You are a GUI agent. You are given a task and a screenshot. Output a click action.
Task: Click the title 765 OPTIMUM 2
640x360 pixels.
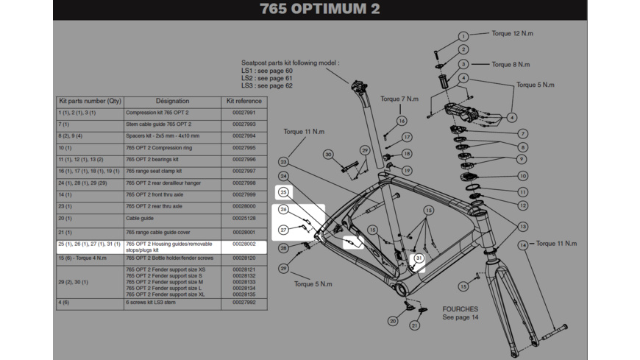(x=320, y=10)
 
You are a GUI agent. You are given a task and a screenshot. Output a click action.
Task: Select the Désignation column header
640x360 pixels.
(x=172, y=101)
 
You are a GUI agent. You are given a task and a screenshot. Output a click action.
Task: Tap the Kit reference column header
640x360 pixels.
(x=243, y=101)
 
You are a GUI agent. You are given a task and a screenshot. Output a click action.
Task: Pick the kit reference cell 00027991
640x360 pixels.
(x=243, y=113)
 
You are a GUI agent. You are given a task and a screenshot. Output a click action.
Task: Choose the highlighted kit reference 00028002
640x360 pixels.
(x=243, y=244)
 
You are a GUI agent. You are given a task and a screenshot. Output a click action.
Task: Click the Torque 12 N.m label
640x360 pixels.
(x=512, y=34)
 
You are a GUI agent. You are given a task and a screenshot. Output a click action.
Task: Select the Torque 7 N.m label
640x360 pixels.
(x=399, y=99)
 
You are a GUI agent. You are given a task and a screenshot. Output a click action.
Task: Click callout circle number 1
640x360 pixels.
(x=463, y=36)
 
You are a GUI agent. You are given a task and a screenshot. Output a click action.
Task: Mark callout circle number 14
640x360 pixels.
(x=523, y=244)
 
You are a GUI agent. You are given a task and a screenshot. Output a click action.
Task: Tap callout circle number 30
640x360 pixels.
(x=328, y=155)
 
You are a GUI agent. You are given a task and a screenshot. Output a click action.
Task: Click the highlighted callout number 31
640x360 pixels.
(x=419, y=258)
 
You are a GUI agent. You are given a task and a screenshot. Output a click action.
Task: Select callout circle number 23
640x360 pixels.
(x=284, y=161)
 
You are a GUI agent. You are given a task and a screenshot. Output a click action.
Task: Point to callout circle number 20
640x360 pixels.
(x=394, y=321)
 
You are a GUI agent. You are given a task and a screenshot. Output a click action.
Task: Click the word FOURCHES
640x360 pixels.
(x=461, y=309)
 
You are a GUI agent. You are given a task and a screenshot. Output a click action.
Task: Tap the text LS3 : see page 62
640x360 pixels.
(x=267, y=86)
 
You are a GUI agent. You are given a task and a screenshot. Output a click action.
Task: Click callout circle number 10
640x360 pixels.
(x=522, y=176)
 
